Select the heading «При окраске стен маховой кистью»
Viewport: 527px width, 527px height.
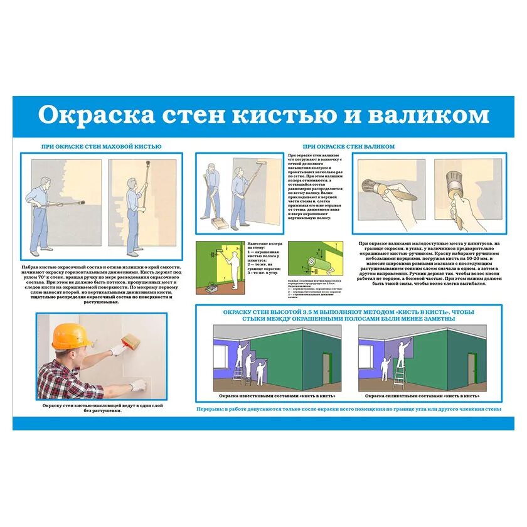point(101,146)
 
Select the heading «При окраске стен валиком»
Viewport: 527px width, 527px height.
point(349,146)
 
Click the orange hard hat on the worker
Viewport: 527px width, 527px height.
point(70,336)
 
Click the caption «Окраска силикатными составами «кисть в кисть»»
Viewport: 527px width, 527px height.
point(422,396)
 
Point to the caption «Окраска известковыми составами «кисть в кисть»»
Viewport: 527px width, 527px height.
point(277,396)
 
